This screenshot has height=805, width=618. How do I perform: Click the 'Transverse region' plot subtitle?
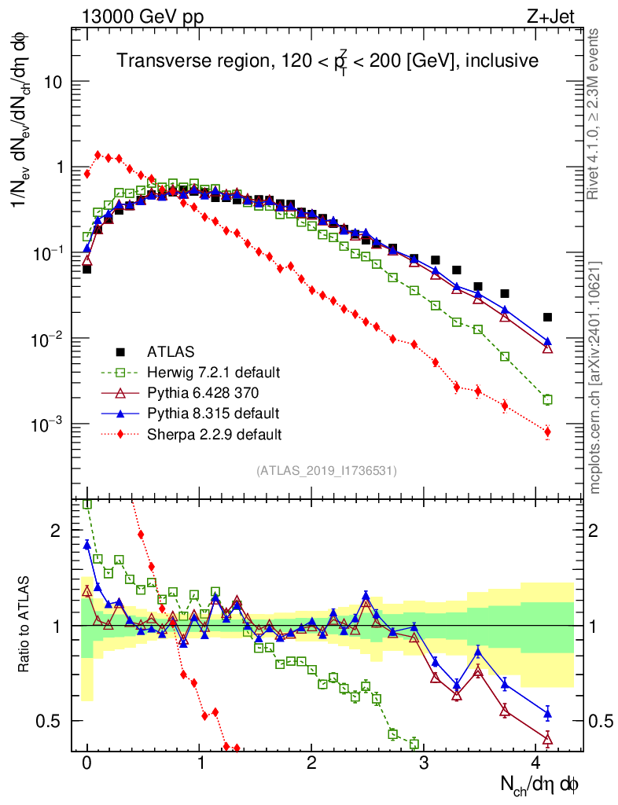tap(327, 61)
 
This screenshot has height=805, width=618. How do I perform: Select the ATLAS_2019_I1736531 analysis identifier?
tap(326, 471)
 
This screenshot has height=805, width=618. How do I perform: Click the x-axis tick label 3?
tap(424, 763)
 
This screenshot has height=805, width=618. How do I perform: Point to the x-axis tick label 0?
tap(87, 763)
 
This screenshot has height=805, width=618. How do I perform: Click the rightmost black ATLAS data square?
tap(547, 317)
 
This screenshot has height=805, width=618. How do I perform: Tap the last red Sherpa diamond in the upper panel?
tap(547, 432)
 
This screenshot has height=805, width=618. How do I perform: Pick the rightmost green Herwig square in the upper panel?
tap(547, 399)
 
